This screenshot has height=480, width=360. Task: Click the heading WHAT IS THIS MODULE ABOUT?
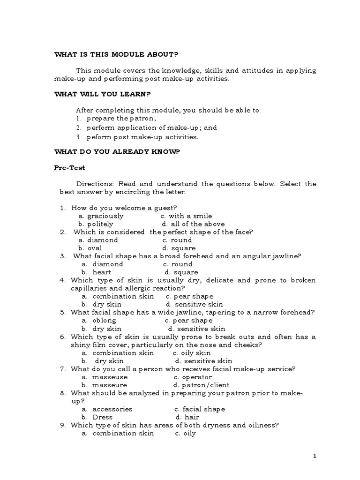pos(116,55)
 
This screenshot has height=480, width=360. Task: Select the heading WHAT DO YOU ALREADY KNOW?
pos(117,151)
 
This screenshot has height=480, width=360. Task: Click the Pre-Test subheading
pos(70,167)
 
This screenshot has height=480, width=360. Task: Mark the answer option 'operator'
pos(193,377)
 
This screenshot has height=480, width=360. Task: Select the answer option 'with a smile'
pos(186,216)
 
